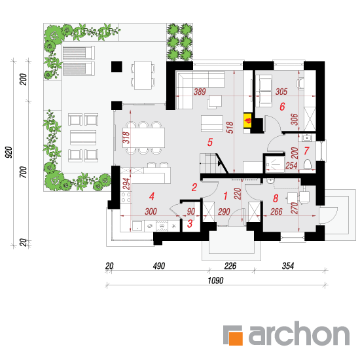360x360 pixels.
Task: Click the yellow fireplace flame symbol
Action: [248, 120]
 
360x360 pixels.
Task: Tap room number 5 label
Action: [210, 142]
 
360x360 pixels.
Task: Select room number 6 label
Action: [282, 107]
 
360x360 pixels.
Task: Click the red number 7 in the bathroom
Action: [306, 151]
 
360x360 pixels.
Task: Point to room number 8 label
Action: [276, 198]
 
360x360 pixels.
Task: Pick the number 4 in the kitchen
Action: [152, 196]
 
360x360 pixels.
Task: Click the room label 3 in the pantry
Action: [190, 224]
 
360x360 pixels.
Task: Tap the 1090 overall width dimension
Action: [215, 280]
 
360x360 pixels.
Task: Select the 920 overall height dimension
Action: [9, 153]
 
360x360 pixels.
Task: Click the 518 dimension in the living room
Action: [230, 128]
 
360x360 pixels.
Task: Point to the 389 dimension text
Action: [200, 92]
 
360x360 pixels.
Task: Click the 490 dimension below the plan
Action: [159, 266]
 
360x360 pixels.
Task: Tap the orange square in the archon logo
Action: [235, 337]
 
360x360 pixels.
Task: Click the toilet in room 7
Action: [308, 164]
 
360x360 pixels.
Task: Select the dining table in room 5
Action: [145, 137]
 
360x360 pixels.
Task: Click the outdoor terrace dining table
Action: [143, 75]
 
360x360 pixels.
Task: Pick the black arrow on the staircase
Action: [220, 163]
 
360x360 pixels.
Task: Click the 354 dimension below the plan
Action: [288, 266]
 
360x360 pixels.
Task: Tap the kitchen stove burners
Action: [126, 197]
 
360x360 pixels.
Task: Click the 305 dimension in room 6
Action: [281, 92]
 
